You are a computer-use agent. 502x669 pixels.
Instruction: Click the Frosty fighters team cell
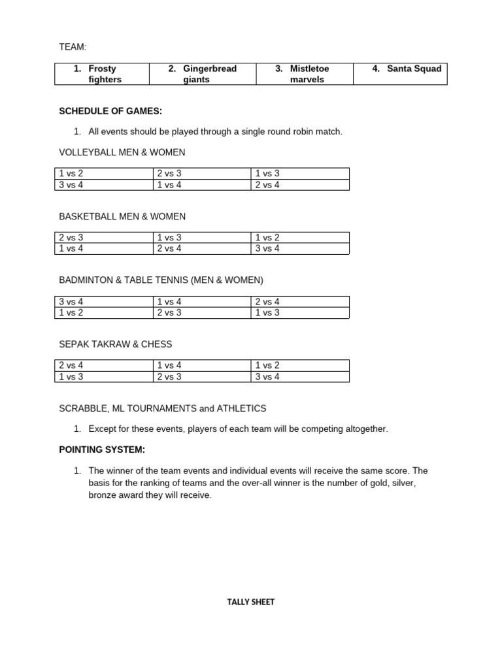tap(102, 74)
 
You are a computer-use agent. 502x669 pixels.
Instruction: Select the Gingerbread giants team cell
tap(203, 74)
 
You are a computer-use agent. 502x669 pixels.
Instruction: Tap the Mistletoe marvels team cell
tap(305, 74)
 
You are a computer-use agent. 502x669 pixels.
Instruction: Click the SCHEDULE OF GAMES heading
tap(110, 111)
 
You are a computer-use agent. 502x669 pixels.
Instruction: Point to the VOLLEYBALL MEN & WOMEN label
tap(122, 152)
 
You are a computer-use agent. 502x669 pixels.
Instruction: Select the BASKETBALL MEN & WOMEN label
tap(122, 216)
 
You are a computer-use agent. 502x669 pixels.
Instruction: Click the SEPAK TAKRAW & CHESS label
tap(116, 344)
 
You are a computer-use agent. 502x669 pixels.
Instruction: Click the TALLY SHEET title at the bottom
tap(251, 602)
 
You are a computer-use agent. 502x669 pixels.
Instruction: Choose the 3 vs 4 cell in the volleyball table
tap(103, 185)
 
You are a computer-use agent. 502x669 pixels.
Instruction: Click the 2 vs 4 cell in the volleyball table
tap(299, 185)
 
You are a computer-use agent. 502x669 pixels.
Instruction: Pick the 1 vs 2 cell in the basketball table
tap(299, 238)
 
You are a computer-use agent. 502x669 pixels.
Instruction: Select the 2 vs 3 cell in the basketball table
tap(103, 238)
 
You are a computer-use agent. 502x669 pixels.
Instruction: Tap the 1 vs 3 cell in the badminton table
tap(299, 312)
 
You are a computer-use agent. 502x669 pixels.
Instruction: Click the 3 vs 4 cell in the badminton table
tap(103, 302)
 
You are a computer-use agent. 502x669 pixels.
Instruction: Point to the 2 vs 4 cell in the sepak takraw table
tap(103, 366)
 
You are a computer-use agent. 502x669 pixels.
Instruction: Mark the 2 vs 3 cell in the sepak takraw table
tap(201, 376)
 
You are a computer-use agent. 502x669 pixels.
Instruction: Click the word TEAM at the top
tap(73, 47)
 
